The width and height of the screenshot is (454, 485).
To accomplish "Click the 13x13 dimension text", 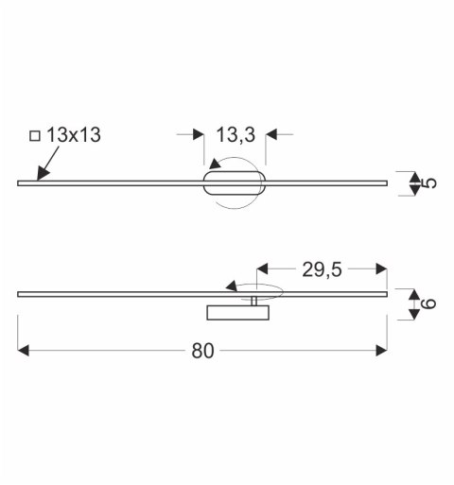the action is point(74,135).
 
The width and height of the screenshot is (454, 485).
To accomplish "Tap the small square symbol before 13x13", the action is point(35,136).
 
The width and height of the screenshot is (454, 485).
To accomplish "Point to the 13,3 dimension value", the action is point(236,135).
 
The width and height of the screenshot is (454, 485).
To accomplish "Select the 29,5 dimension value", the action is point(322,269).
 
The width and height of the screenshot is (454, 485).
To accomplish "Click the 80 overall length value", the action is point(202,351).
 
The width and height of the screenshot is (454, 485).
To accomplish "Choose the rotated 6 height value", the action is point(428,303).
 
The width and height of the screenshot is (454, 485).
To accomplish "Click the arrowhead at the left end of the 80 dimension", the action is point(24,351).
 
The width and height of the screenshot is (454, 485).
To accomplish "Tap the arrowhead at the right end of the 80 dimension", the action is point(381,351).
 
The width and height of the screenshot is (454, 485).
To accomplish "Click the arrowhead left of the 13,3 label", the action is point(199,134).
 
